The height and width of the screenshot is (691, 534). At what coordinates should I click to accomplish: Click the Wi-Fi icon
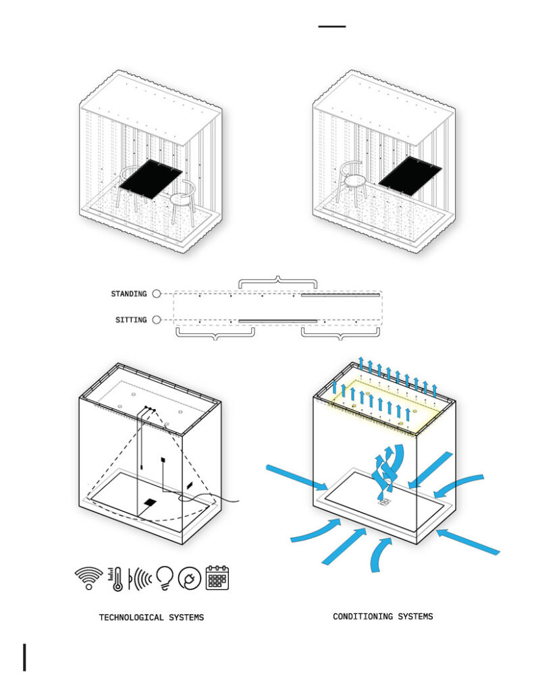[x=88, y=578]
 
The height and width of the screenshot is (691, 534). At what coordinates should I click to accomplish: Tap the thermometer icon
[x=116, y=578]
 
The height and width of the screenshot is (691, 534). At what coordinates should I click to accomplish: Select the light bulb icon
[x=165, y=578]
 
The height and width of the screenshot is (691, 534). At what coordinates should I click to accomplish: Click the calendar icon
[x=217, y=578]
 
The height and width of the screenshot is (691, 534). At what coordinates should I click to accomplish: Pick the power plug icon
[x=190, y=578]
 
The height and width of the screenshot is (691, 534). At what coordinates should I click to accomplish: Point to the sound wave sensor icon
[x=140, y=578]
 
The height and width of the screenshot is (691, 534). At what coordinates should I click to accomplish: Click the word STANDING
[x=129, y=294]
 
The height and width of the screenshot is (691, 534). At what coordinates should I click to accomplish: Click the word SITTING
[x=131, y=320]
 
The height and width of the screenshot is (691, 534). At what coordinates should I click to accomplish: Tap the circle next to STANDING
[x=157, y=294]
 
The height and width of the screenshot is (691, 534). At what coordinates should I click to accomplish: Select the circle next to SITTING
[x=157, y=319]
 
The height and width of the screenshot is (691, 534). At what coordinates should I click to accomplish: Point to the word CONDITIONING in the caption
[x=363, y=617]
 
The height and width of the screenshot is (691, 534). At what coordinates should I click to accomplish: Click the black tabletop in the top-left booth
[x=151, y=179]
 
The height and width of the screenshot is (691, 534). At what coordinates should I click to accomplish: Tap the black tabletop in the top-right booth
[x=410, y=175]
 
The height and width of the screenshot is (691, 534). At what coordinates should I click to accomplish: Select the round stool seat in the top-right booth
[x=355, y=180]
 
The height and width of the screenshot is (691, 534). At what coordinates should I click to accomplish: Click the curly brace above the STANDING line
[x=278, y=282]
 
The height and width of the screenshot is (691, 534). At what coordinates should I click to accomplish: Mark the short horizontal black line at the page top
[x=332, y=26]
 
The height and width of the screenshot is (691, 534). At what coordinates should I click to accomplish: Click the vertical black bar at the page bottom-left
[x=25, y=657]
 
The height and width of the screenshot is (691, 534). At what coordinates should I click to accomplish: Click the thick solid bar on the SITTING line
[x=278, y=321]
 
